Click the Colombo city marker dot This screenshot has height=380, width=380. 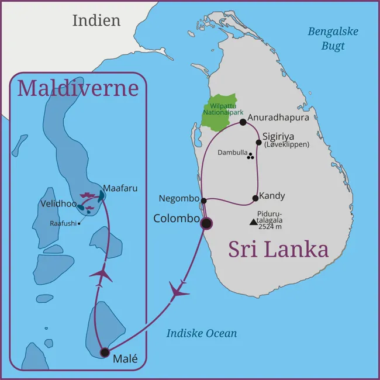click(206, 223)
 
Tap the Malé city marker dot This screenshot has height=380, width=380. click(105, 352)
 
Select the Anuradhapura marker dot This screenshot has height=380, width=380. click(243, 122)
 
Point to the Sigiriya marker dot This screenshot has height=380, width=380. click(258, 142)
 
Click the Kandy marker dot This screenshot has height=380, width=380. click(255, 198)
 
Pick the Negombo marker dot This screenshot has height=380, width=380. click(203, 201)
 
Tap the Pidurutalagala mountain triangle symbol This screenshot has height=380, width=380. click(253, 222)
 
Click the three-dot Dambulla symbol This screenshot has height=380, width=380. click(250, 156)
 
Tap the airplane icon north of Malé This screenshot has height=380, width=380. click(101, 274)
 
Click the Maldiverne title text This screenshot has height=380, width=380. click(78, 88)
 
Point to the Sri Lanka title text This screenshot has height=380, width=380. click(278, 248)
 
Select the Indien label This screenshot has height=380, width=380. click(96, 20)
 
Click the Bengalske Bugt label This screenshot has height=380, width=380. click(333, 39)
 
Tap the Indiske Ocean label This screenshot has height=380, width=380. click(202, 333)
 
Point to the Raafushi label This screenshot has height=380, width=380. click(63, 223)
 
